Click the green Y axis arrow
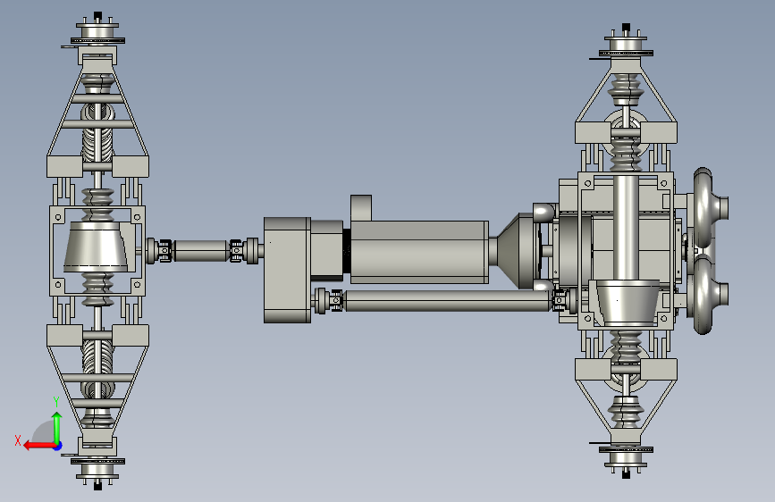(57, 429)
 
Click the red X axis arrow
(40, 446)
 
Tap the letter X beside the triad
(18, 440)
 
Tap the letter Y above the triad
(56, 402)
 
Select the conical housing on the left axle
(97, 247)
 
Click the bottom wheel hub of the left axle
(97, 469)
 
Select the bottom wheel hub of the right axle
(626, 458)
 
